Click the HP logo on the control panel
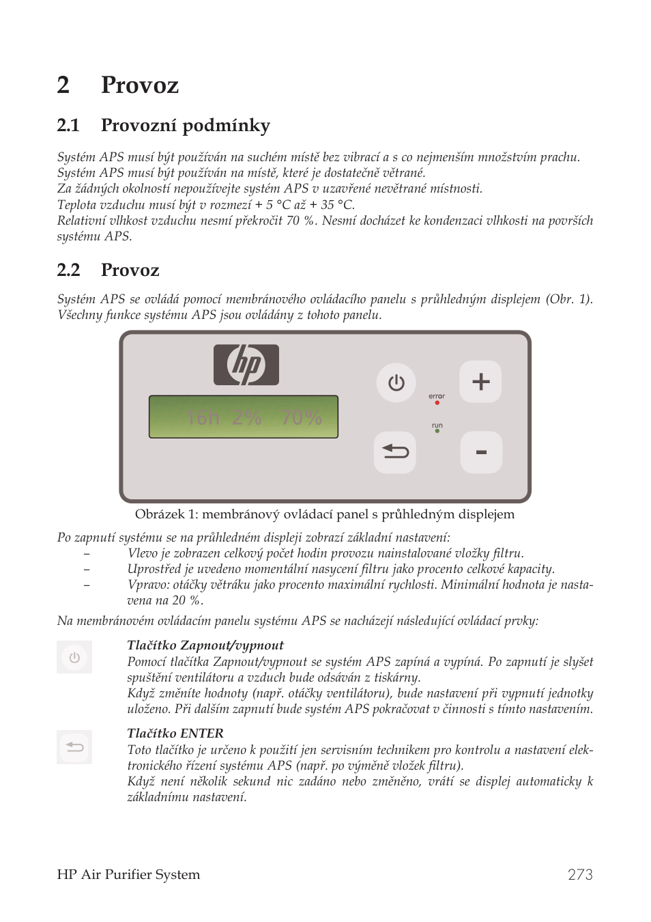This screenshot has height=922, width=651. pos(246,365)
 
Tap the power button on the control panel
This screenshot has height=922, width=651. pos(396,382)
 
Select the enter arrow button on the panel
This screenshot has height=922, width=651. pos(395,452)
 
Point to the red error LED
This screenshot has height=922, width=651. pos(437,403)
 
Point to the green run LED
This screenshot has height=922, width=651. pos(437,432)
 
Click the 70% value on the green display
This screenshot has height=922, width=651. pos(301,417)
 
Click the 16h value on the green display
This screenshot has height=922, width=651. pos(203,417)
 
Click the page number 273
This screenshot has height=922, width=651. pos(579,875)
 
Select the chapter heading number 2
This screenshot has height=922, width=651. pos(63,85)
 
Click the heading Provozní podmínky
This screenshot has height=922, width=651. pos(185,125)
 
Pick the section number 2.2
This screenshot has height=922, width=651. pos(68,270)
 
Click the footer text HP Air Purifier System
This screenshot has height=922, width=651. pos(128,875)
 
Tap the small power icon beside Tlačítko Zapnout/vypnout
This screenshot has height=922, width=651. pos(74,658)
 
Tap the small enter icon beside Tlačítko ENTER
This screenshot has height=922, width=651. pos(74,747)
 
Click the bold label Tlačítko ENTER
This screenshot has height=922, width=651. pos(175,734)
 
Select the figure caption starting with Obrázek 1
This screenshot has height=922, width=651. pos(324,514)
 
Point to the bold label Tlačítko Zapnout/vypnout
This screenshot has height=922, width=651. pos(205,645)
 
